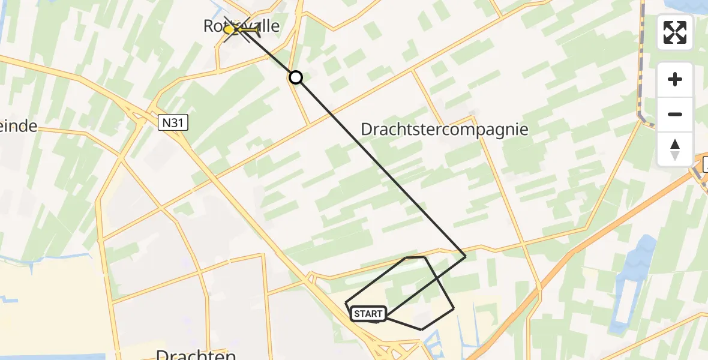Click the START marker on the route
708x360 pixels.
coord(368,313)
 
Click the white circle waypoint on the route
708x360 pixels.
coord(295,77)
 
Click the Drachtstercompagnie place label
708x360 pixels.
coord(445,129)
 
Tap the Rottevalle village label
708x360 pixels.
coord(242,26)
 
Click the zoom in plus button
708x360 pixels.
coord(675,80)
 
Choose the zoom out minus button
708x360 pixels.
coord(675,114)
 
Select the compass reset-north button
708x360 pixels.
coord(675,149)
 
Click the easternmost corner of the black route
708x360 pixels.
coord(466,256)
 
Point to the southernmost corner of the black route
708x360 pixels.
coord(422,329)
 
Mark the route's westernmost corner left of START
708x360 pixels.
coord(346,303)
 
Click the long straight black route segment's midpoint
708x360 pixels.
coord(380,167)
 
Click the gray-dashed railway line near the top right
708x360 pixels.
coord(641,66)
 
